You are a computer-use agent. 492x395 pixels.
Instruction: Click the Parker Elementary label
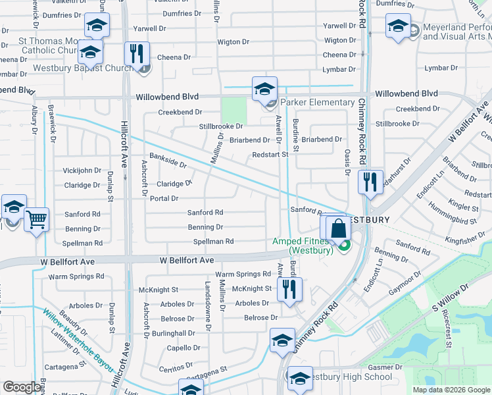318,102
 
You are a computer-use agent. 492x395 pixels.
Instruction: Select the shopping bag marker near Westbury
338,229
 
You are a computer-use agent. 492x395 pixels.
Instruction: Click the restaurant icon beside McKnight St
289,289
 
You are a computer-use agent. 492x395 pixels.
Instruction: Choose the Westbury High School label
350,377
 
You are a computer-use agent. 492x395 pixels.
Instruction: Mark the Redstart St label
270,155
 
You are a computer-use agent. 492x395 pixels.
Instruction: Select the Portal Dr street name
164,198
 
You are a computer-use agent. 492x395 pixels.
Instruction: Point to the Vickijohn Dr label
82,171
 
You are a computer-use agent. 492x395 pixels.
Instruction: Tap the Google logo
22,387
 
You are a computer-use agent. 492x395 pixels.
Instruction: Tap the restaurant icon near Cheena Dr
137,54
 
